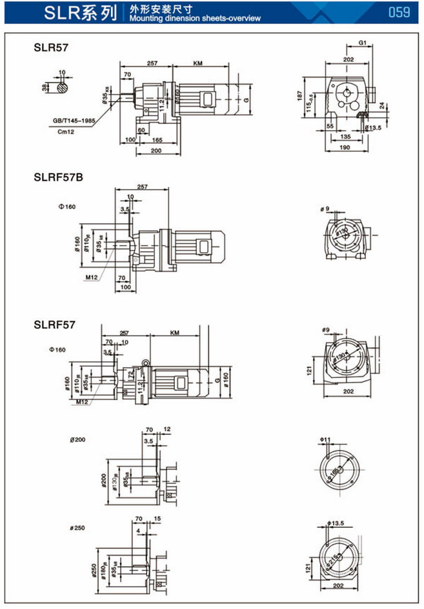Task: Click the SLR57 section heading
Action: [x=51, y=47]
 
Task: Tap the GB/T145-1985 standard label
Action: [x=75, y=120]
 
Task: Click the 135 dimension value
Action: [x=345, y=137]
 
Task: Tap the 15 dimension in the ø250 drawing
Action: [x=157, y=519]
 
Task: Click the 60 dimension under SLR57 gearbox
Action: [x=141, y=129]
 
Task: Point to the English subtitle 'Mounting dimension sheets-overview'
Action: [x=195, y=18]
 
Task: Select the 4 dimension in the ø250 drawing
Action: [x=139, y=530]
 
